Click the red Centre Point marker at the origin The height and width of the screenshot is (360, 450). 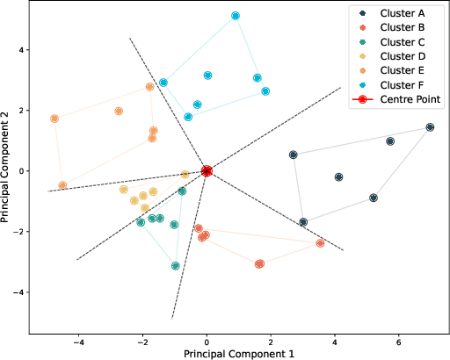click(207, 171)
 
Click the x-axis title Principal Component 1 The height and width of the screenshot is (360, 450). click(237, 353)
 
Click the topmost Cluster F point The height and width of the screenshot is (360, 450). click(236, 16)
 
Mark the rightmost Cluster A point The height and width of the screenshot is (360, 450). click(430, 127)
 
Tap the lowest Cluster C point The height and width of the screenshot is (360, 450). click(176, 265)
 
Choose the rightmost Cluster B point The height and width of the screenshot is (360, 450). click(320, 243)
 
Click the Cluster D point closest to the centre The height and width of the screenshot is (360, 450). click(185, 175)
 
